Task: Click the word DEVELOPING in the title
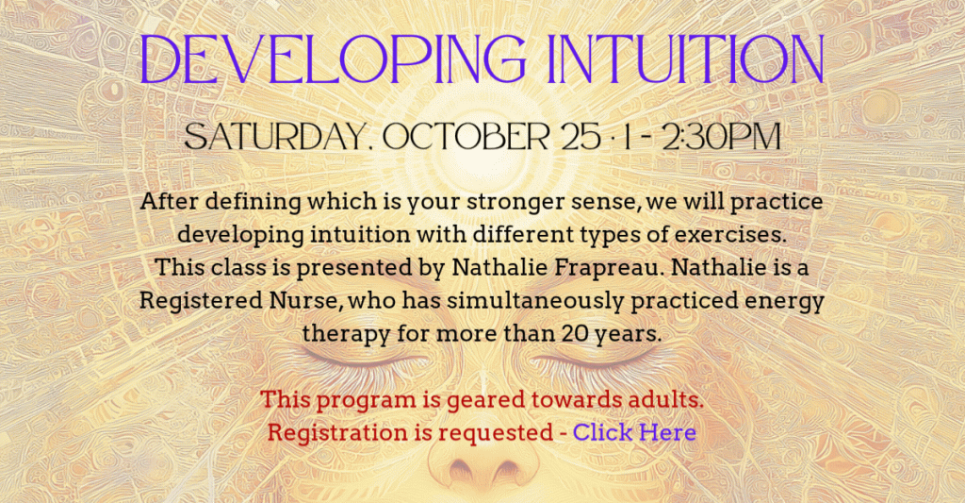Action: coord(333,59)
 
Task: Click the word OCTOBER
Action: coord(466,137)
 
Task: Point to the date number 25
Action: coord(581,137)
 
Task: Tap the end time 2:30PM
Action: coord(721,137)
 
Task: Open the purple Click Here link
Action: coord(634,432)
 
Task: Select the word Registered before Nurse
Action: coord(201,301)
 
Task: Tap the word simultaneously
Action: coord(535,301)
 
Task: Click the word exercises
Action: coord(730,235)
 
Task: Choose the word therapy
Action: coord(346,335)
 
